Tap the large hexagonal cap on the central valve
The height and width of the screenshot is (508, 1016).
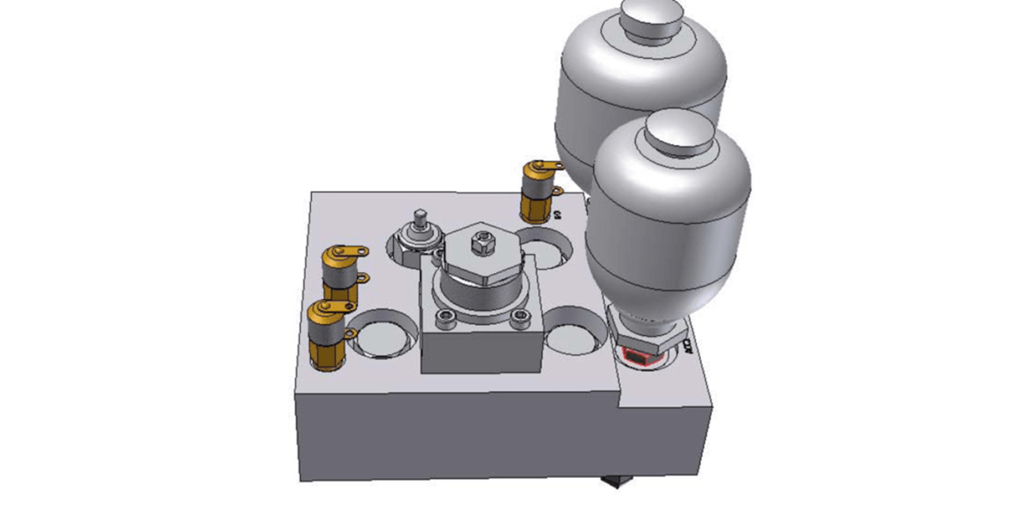(480, 255)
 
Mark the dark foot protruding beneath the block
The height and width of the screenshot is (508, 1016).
(614, 481)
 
